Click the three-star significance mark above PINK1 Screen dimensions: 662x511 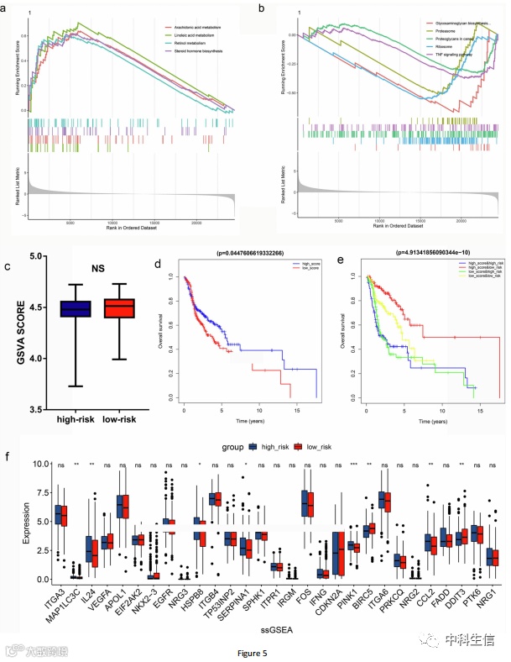click(354, 463)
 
